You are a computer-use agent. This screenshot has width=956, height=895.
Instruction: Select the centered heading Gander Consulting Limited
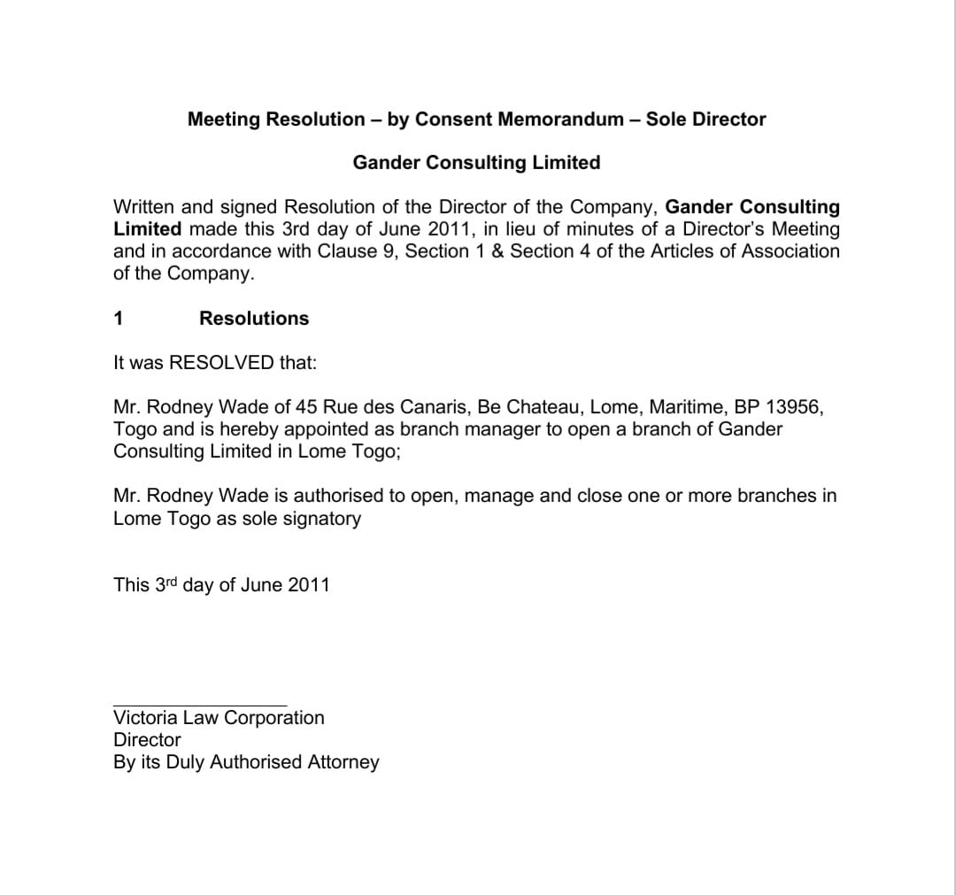pyautogui.click(x=476, y=163)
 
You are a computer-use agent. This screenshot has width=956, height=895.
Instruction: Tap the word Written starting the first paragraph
pyautogui.click(x=145, y=207)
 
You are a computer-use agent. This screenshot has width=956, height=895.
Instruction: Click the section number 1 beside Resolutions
pyautogui.click(x=119, y=319)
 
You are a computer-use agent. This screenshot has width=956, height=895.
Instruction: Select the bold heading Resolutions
pyautogui.click(x=254, y=319)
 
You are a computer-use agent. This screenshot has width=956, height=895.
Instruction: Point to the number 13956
pyautogui.click(x=794, y=407)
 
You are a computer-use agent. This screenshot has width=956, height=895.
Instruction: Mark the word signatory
pyautogui.click(x=321, y=519)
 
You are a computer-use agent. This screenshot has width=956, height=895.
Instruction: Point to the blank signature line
pyautogui.click(x=200, y=706)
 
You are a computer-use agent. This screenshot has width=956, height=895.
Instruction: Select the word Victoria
pyautogui.click(x=145, y=718)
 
